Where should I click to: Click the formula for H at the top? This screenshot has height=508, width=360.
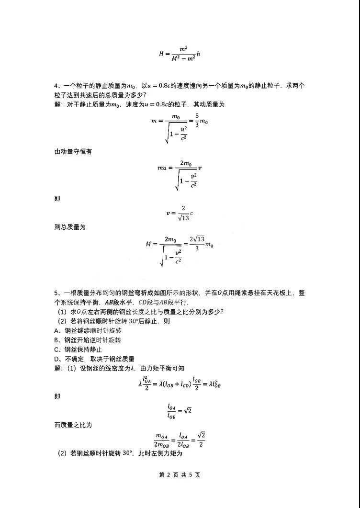tap(180, 54)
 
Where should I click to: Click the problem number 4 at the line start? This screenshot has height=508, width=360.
tap(56, 86)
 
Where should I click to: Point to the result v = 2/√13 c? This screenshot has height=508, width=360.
tap(180, 214)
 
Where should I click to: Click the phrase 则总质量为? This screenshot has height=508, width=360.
tap(70, 227)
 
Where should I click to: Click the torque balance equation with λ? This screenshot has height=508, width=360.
tap(180, 383)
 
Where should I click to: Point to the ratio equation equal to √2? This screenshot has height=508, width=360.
tap(180, 411)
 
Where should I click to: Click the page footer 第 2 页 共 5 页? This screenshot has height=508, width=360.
tap(180, 475)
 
